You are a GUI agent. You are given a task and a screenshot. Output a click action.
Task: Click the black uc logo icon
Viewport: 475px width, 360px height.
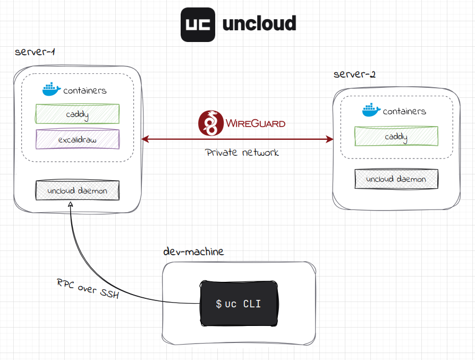(x=198, y=25)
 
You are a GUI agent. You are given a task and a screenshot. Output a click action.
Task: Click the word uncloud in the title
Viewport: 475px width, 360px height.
(x=259, y=24)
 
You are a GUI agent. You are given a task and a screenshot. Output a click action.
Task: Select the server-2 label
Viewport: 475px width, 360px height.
(x=354, y=74)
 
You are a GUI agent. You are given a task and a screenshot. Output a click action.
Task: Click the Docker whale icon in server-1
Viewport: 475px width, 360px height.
(x=52, y=89)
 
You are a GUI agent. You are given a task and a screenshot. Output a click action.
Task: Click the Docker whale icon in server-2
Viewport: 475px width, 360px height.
(x=371, y=110)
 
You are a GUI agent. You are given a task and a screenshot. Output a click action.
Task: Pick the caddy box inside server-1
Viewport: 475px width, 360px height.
(x=78, y=114)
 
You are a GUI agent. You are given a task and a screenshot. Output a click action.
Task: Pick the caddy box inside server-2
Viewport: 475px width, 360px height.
(x=396, y=137)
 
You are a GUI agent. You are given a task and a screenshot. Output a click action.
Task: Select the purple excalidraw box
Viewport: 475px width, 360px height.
(x=78, y=140)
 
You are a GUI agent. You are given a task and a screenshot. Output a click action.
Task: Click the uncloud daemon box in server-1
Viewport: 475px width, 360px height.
(x=78, y=190)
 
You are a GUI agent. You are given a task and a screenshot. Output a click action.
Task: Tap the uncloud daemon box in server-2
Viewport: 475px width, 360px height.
(x=396, y=179)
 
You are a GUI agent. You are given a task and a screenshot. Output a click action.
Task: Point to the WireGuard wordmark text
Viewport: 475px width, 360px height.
(x=256, y=123)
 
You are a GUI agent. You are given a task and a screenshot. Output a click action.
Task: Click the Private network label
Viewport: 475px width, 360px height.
(x=242, y=153)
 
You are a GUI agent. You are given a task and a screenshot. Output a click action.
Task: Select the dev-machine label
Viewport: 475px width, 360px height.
(x=193, y=251)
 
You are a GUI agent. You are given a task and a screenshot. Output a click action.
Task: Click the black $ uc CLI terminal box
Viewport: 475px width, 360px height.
(x=239, y=304)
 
